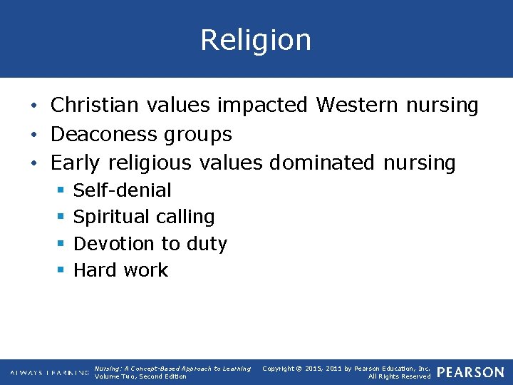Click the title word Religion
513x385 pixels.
256,40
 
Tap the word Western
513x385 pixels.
357,106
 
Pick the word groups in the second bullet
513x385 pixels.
207,135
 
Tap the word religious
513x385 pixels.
150,163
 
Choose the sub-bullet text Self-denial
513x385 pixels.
123,190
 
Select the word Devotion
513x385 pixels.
114,244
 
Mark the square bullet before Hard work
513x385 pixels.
61,270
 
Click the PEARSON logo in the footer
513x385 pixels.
470,372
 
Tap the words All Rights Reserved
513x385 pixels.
399,376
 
